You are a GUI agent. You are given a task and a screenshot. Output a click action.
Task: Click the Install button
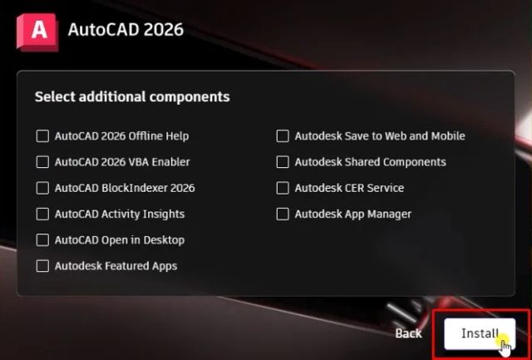click(480, 333)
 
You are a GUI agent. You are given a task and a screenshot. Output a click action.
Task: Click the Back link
click(408, 333)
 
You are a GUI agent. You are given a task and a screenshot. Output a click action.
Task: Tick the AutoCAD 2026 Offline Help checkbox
click(42, 136)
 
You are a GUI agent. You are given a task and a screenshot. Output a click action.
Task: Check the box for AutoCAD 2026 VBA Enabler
click(42, 161)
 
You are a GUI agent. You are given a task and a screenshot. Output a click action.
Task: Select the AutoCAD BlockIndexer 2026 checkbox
click(42, 188)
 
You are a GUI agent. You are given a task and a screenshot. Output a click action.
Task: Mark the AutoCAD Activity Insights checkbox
click(42, 214)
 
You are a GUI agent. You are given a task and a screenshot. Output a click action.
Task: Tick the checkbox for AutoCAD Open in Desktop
click(42, 239)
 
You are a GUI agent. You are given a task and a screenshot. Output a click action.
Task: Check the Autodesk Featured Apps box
click(42, 266)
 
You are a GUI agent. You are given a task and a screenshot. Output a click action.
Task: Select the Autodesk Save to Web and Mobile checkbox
click(283, 136)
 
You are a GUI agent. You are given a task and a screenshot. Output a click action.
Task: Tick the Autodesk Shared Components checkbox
click(283, 161)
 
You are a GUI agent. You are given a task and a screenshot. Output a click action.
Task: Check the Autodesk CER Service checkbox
click(283, 188)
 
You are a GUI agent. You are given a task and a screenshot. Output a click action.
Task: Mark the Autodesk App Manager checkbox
click(283, 214)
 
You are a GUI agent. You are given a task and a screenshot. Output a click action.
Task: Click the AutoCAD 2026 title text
click(125, 30)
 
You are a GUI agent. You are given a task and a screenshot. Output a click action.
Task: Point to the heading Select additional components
click(132, 96)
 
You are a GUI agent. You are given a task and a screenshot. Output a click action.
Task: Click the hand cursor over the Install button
click(504, 343)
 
